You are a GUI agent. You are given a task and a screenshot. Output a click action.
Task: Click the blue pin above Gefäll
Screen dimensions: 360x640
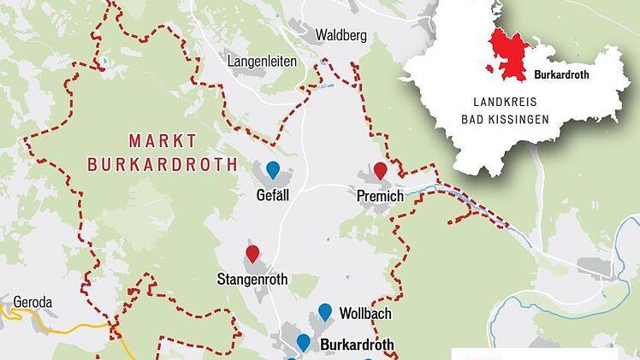273,168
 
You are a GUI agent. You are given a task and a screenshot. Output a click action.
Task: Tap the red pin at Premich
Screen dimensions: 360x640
380,170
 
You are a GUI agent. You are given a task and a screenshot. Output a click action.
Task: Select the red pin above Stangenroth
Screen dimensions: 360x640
252,253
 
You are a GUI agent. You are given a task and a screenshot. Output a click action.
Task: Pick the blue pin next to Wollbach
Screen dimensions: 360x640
325,311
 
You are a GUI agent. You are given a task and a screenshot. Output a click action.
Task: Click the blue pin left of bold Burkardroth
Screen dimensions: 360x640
303,342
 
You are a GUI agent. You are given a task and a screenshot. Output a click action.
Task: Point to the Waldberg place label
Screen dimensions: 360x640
341,36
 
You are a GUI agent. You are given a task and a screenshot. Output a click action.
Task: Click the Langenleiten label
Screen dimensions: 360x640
263,61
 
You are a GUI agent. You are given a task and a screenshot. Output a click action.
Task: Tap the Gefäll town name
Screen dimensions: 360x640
273,195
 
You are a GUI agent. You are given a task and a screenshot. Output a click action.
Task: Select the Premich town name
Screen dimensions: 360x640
380,197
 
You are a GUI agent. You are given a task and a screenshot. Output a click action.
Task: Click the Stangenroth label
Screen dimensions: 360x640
252,280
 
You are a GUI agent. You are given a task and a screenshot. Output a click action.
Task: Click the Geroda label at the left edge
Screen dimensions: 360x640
33,302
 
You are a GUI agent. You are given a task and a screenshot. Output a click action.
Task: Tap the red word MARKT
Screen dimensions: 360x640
163,139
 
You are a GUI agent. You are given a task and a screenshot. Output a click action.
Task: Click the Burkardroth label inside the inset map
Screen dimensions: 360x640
561,74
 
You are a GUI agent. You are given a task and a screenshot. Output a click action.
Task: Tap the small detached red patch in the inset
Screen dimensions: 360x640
489,68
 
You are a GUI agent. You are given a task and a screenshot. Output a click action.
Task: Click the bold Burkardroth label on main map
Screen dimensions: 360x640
357,345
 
